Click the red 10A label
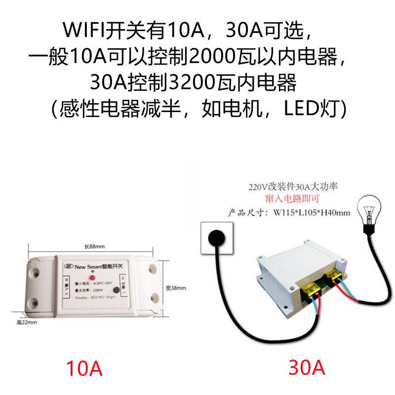[85, 368]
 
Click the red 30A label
[307, 368]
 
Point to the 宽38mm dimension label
[175, 288]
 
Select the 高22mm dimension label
[27, 321]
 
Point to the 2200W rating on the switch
[98, 291]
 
